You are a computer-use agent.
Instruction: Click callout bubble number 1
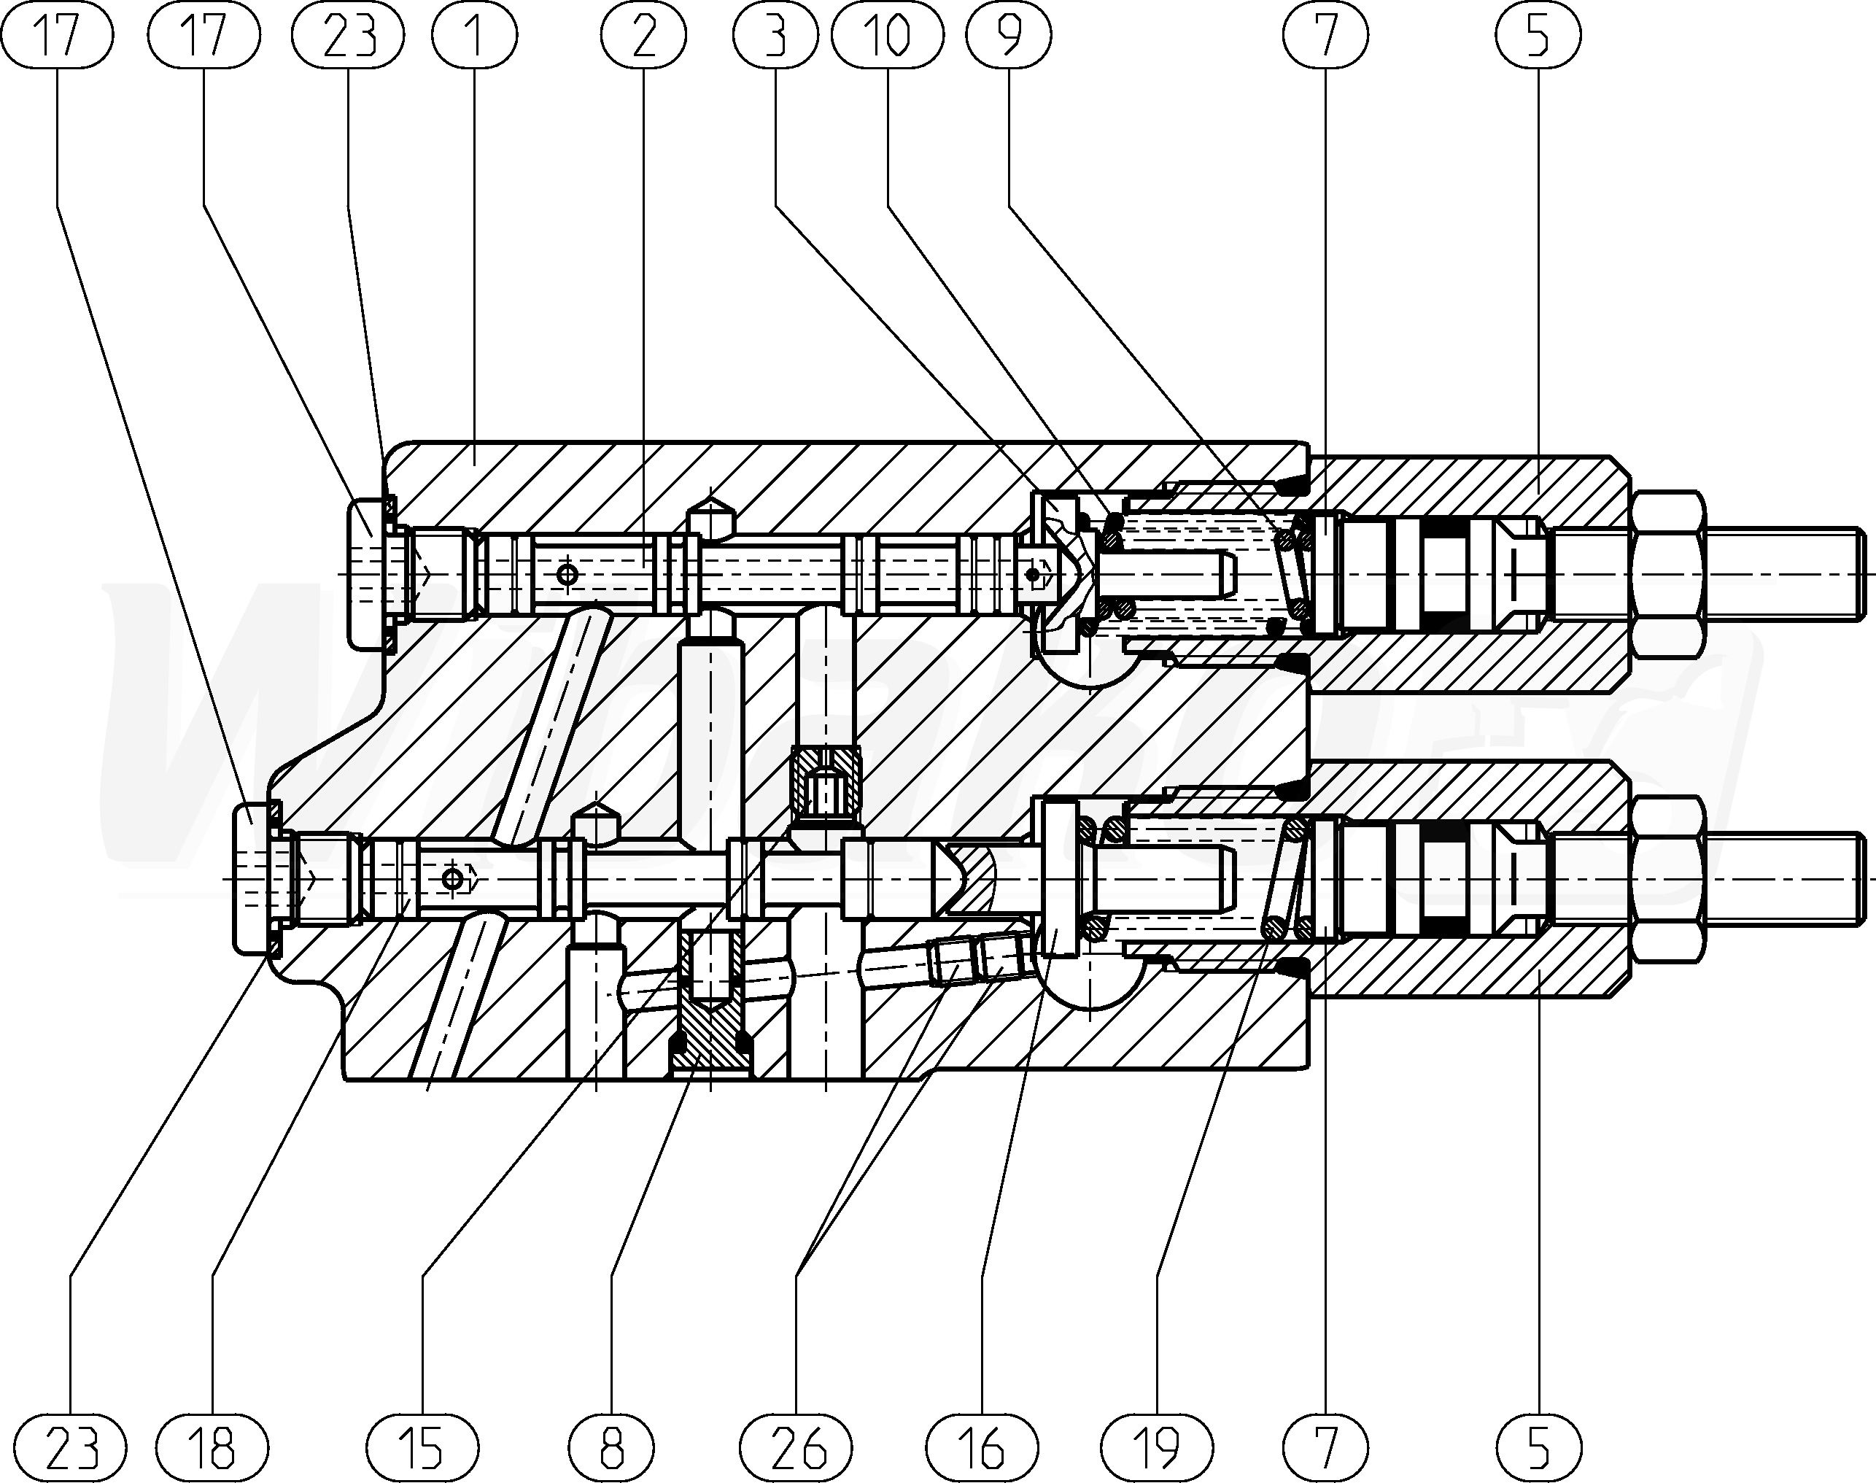click(474, 36)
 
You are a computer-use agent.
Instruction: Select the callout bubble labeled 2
click(643, 36)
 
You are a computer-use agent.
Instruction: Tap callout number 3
click(776, 36)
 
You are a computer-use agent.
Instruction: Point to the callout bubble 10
click(886, 36)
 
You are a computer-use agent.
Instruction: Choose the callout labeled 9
click(1009, 36)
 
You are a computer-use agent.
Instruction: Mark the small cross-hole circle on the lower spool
click(451, 880)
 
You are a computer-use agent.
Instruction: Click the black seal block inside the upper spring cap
click(1446, 574)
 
